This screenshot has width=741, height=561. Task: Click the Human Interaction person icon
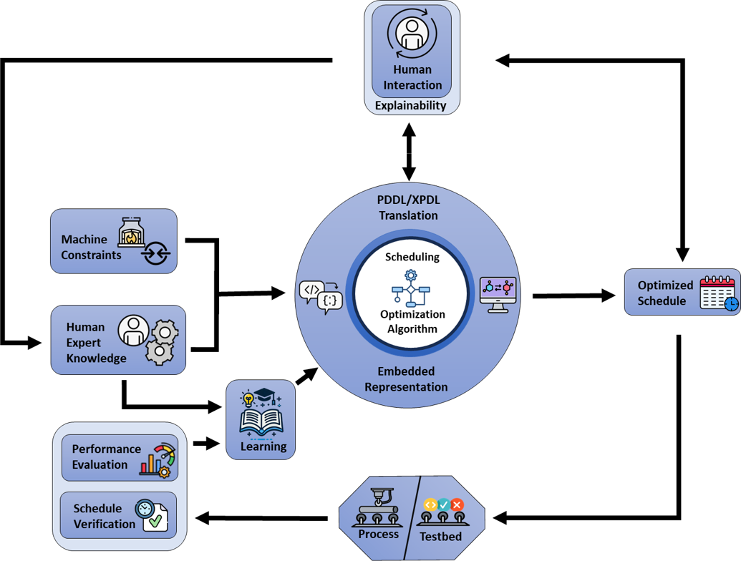412,34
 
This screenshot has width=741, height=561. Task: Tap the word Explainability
411,105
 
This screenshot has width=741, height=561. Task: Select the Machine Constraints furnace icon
132,232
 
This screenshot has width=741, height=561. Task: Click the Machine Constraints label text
90,247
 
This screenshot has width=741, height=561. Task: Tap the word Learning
263,447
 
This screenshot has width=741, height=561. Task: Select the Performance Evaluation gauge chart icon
158,460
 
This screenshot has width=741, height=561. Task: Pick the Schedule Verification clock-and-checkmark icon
151,514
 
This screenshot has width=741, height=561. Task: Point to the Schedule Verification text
103,516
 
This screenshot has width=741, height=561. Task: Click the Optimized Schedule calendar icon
718,293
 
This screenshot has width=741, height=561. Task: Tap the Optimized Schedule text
665,293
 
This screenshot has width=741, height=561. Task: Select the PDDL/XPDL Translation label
407,208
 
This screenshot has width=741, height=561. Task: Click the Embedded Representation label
406,379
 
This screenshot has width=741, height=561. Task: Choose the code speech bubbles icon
320,296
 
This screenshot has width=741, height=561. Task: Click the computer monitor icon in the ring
498,293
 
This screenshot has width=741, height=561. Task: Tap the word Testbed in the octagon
440,537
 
